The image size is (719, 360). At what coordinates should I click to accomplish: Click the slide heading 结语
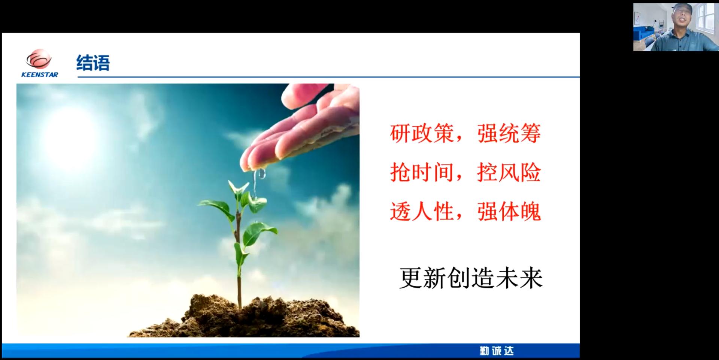(x=93, y=63)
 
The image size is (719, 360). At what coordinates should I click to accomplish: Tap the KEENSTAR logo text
(x=40, y=75)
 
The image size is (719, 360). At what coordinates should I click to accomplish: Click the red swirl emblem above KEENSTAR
(x=39, y=60)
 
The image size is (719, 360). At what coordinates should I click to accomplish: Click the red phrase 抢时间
(x=422, y=172)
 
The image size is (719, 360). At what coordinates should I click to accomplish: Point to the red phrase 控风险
(x=509, y=172)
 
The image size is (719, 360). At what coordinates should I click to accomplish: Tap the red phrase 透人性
(x=422, y=212)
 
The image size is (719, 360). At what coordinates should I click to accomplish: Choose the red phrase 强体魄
(x=509, y=212)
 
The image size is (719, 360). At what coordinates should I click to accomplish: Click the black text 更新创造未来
(x=471, y=278)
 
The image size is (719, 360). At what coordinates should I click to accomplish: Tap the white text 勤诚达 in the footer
(x=497, y=351)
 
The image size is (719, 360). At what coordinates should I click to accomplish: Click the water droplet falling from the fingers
(x=261, y=173)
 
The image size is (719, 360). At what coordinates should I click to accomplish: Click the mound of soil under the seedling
(x=243, y=317)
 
